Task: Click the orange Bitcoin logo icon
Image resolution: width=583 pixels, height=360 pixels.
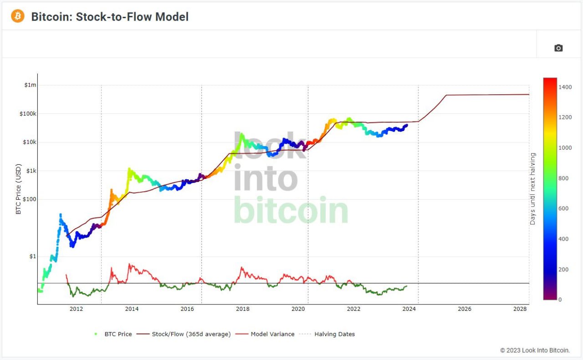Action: click(18, 16)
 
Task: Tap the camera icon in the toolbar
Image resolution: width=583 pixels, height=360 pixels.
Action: click(558, 48)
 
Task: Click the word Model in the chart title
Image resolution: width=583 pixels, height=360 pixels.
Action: click(172, 17)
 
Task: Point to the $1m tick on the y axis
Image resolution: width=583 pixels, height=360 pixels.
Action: click(30, 85)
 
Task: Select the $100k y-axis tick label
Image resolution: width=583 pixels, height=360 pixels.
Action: click(28, 114)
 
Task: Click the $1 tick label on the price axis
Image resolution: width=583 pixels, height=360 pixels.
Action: click(33, 257)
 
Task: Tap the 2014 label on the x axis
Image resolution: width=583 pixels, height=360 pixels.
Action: click(132, 309)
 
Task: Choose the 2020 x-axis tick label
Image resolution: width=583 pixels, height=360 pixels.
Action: click(298, 309)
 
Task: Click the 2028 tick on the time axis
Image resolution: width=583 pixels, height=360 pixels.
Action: click(520, 309)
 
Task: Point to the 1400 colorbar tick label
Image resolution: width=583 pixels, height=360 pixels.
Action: click(565, 87)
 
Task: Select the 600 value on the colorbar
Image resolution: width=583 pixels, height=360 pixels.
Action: click(563, 208)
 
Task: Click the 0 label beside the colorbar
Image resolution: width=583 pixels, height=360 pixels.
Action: click(560, 299)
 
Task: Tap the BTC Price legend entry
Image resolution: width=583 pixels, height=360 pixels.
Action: click(113, 334)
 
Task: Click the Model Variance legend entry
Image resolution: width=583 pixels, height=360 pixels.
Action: click(265, 334)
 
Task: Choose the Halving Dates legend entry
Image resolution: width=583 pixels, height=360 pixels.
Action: click(327, 334)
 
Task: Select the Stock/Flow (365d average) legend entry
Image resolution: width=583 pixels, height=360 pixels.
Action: click(184, 334)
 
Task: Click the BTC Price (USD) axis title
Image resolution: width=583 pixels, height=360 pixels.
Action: click(18, 189)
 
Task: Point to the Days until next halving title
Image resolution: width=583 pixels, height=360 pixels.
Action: click(533, 189)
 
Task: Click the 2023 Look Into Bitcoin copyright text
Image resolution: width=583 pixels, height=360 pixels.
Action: click(535, 350)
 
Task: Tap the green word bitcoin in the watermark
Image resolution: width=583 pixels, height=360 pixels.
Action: click(291, 210)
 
